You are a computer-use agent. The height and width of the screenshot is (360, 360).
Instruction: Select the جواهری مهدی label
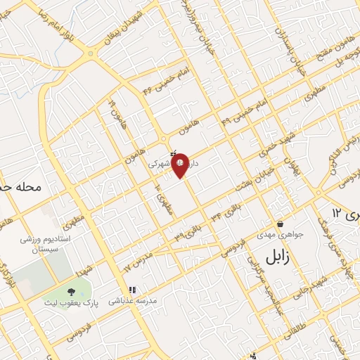tap(279, 236)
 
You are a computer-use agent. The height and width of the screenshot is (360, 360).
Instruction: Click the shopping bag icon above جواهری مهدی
tap(279, 224)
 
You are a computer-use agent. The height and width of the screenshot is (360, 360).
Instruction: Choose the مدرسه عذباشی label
tap(131, 300)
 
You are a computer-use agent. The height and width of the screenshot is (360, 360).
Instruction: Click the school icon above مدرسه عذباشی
tap(131, 289)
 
